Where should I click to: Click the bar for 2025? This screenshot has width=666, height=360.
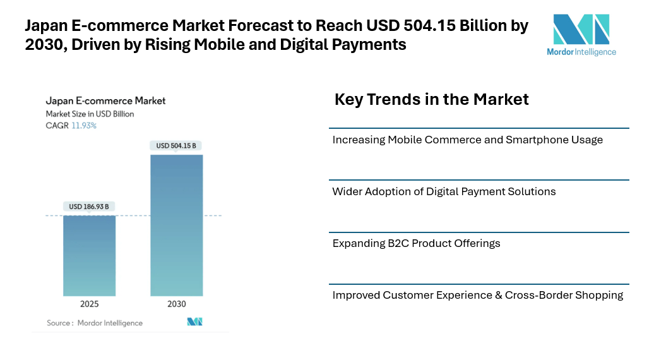(89, 255)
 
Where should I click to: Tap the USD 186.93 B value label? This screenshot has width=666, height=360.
(89, 207)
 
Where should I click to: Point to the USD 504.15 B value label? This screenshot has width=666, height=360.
(176, 146)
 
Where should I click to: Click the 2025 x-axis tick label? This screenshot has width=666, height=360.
(89, 304)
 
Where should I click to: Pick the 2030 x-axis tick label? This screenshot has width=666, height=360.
(176, 304)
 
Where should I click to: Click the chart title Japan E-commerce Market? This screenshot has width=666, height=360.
(105, 100)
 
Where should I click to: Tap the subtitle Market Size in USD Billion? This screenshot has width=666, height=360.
(90, 114)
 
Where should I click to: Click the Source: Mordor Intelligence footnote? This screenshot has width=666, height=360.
(95, 323)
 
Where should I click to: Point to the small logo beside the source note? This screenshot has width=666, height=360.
(194, 322)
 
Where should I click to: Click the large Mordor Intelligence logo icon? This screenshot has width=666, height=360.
(581, 29)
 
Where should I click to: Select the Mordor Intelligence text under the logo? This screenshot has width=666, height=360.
(581, 52)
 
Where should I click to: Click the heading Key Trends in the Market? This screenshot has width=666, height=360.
(431, 99)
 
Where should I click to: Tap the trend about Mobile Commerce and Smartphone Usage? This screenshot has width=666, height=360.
(467, 140)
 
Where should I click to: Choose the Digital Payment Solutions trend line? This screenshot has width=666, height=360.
(444, 191)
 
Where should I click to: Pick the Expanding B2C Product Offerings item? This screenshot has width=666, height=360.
(416, 243)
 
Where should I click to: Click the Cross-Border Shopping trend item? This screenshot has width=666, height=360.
(477, 295)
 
